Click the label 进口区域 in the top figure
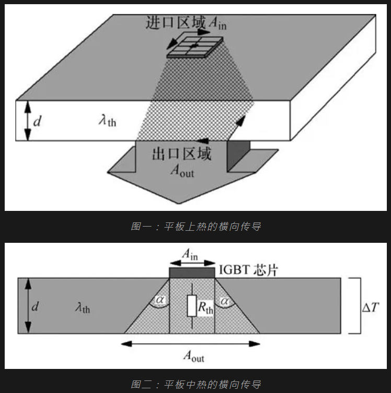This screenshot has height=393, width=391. coord(176,23)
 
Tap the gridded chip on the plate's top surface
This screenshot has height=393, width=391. coord(195,48)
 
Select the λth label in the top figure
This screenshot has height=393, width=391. coord(108,121)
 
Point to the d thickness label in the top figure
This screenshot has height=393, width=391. coord(37,121)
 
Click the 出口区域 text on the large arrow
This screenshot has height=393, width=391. coord(182,154)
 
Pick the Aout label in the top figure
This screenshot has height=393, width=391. coord(182,171)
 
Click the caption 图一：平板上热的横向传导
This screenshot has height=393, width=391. coord(195,226)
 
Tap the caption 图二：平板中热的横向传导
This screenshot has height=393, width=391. coord(195,384)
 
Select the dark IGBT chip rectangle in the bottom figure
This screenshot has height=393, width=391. coord(192,273)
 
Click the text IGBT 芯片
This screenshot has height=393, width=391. coord(248,270)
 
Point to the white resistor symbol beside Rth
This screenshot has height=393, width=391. coord(192,306)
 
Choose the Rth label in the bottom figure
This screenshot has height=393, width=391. coord(205,308)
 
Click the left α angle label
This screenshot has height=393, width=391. coord(160,300)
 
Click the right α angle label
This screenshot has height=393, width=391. coord(224,301)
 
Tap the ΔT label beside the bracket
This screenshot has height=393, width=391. coord(371,307)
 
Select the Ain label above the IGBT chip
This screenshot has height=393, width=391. coord(190,254)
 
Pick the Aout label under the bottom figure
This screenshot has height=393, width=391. coord(194,356)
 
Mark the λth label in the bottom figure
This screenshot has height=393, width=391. coord(83,307)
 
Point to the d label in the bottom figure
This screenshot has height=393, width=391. coord(35,306)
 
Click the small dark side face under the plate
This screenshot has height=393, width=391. coord(238,155)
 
